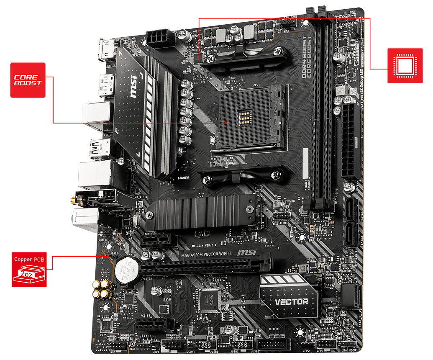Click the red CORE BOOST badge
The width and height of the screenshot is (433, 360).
point(28,80)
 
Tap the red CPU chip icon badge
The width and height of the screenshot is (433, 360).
point(405,66)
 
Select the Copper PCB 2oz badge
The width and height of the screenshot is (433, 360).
point(29,269)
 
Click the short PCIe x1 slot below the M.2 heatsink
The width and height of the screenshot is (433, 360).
point(156,240)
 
